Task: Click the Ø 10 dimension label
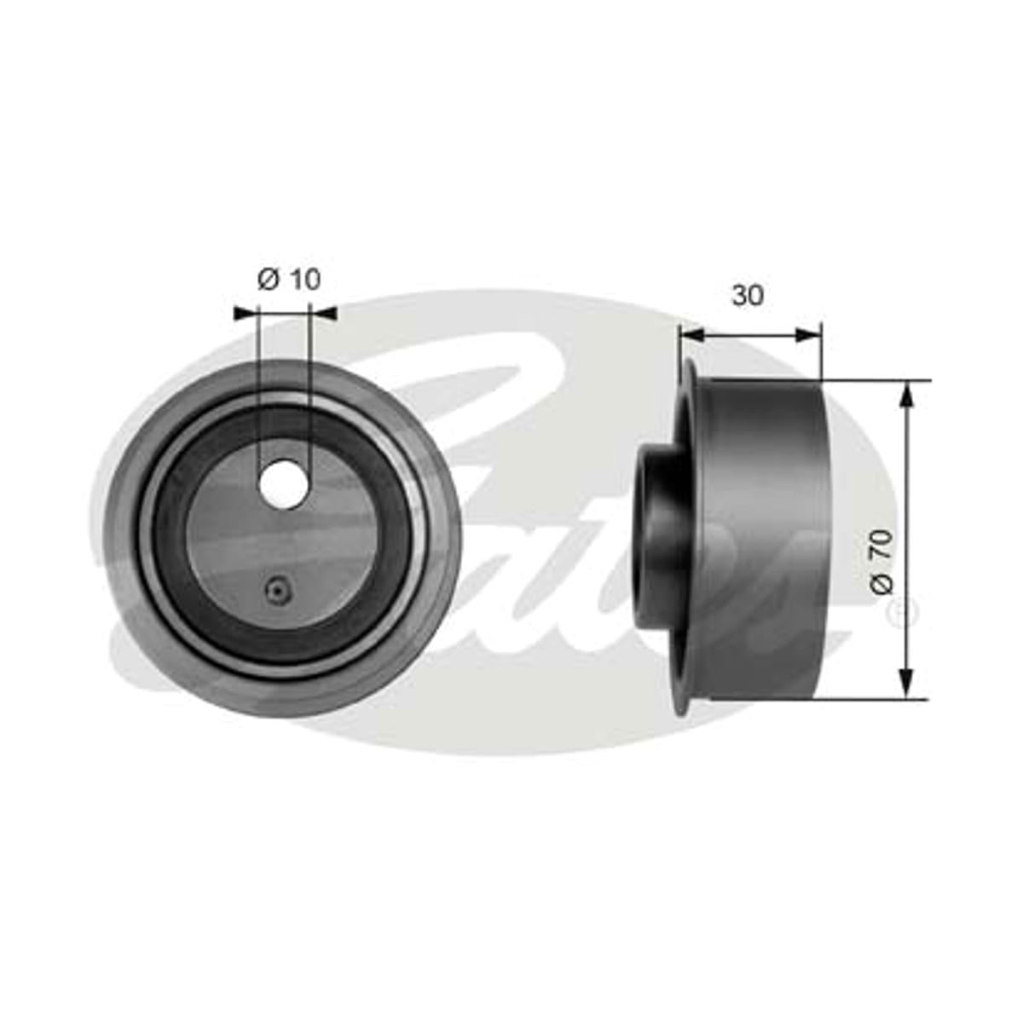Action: pos(289,280)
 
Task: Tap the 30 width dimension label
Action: pos(748,295)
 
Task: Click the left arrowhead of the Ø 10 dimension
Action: pos(245,314)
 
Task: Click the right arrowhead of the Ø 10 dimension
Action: pos(323,314)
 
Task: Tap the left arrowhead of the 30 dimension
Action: pos(691,334)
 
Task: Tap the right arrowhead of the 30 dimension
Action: pos(808,334)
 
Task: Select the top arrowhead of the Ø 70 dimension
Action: pos(907,396)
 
